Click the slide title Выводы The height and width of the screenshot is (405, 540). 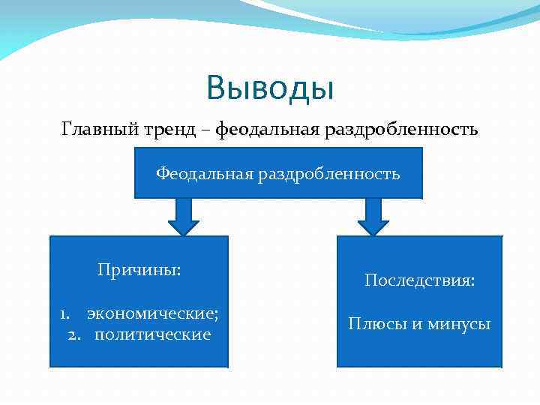click(270, 88)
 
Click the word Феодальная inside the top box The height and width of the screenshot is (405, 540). click(205, 174)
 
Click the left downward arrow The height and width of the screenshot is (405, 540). click(182, 216)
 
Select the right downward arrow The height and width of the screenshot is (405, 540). click(373, 216)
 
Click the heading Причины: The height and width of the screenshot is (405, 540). click(139, 269)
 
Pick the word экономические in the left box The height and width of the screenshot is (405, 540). click(151, 313)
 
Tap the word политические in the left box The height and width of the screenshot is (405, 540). click(152, 334)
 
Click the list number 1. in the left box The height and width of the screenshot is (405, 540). click(66, 313)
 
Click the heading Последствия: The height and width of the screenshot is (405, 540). click(419, 280)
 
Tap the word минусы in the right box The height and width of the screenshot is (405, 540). click(460, 324)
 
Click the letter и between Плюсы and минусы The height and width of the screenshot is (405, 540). click(415, 325)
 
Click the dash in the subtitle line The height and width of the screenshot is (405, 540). click(205, 130)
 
